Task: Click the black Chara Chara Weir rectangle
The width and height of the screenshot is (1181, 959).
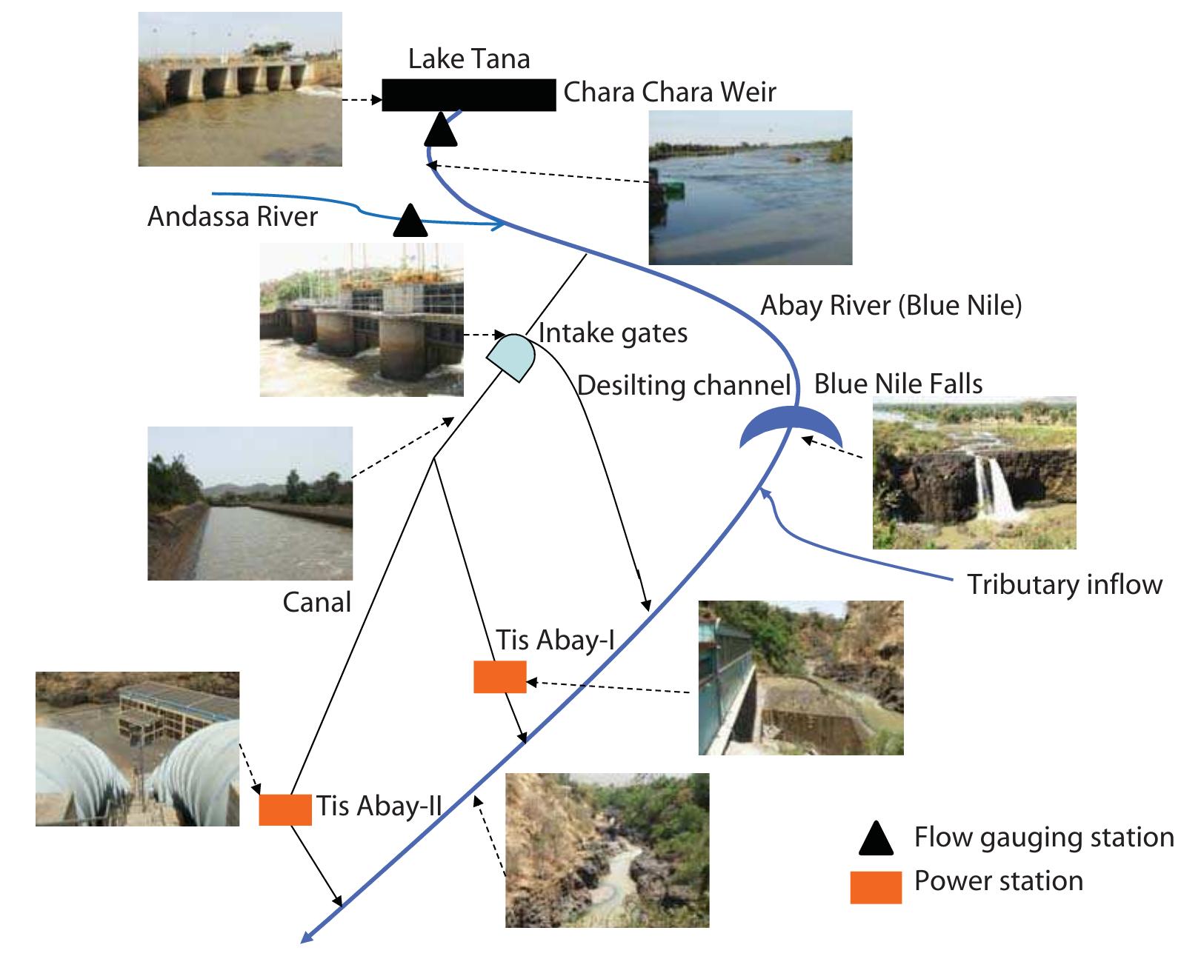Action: pyautogui.click(x=468, y=95)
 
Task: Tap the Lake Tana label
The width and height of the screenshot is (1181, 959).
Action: pyautogui.click(x=469, y=59)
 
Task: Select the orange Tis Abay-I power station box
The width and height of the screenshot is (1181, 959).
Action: pyautogui.click(x=499, y=677)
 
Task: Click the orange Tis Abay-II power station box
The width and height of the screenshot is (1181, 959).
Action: pyautogui.click(x=285, y=809)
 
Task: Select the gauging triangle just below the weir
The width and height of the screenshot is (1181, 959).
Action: pyautogui.click(x=442, y=130)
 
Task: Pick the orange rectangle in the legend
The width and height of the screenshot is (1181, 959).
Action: pyautogui.click(x=875, y=886)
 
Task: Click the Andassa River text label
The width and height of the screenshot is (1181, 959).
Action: pyautogui.click(x=233, y=217)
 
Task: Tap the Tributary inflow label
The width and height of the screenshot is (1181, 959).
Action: pyautogui.click(x=1064, y=584)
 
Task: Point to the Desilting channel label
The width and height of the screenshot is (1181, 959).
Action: pyautogui.click(x=683, y=386)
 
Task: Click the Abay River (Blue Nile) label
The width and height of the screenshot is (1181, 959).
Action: pyautogui.click(x=891, y=305)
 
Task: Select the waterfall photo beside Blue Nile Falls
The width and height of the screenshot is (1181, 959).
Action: pyautogui.click(x=974, y=473)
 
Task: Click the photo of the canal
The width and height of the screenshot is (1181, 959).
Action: pyautogui.click(x=250, y=503)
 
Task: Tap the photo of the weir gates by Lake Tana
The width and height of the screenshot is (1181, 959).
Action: pyautogui.click(x=240, y=89)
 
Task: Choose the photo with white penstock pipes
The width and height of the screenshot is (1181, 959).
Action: pyautogui.click(x=137, y=749)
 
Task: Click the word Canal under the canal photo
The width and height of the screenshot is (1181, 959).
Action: pyautogui.click(x=316, y=603)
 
